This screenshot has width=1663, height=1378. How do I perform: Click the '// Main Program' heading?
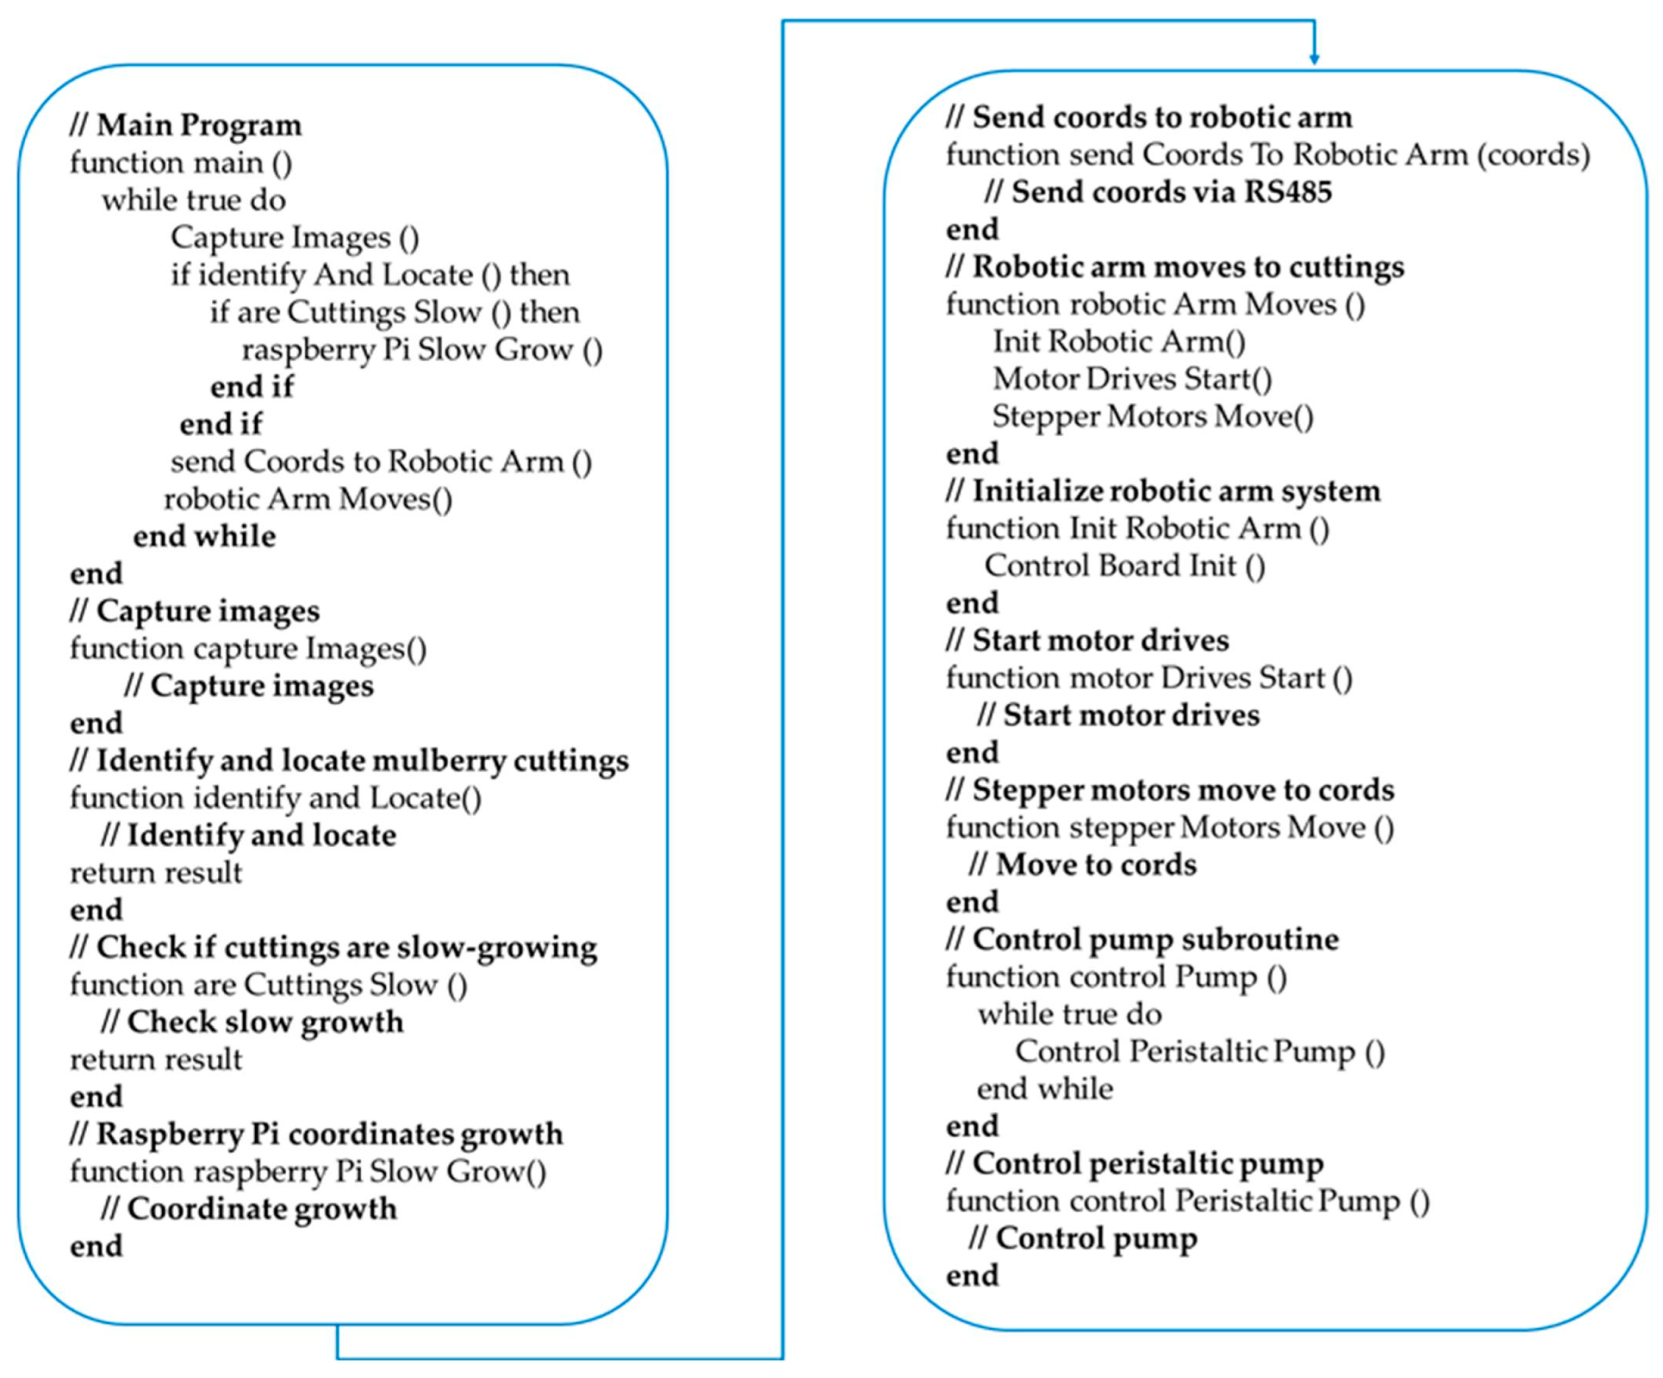click(x=185, y=125)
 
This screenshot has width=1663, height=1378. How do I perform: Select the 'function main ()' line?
click(x=180, y=163)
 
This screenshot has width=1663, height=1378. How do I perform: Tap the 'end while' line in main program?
click(x=204, y=536)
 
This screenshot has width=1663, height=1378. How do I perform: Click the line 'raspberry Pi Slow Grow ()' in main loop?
click(x=421, y=350)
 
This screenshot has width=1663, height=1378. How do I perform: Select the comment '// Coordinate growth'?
click(x=249, y=1209)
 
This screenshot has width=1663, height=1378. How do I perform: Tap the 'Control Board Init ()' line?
click(x=1124, y=565)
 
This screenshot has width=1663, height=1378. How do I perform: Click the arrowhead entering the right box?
click(x=1314, y=59)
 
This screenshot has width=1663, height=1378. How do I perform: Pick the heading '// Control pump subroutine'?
click(x=1142, y=940)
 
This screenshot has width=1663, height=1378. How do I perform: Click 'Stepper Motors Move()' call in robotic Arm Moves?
click(x=1152, y=417)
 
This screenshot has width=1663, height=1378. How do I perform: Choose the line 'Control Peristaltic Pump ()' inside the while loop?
click(x=1200, y=1051)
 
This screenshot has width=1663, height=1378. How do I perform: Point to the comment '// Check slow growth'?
click(x=252, y=1022)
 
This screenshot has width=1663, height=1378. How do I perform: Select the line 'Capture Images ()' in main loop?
click(x=295, y=237)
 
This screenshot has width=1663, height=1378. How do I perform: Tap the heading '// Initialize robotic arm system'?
click(x=1162, y=491)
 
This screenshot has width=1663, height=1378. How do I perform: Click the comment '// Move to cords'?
click(x=1083, y=864)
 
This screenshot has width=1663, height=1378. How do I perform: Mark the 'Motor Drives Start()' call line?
click(x=1132, y=379)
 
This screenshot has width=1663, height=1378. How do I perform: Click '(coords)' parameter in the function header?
click(x=1533, y=154)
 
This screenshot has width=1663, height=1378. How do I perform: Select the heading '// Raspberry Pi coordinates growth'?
click(x=316, y=1134)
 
